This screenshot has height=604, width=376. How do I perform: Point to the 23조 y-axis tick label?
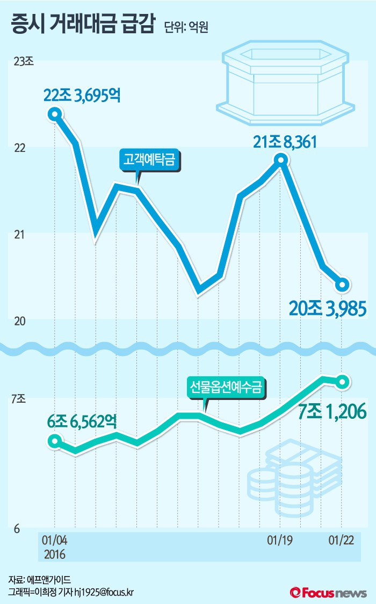[x=23, y=62]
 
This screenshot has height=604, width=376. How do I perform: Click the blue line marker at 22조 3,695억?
[x=54, y=114]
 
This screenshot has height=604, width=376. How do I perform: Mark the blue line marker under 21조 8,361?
[x=280, y=159]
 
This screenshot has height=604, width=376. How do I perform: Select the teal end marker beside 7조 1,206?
[x=343, y=382]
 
